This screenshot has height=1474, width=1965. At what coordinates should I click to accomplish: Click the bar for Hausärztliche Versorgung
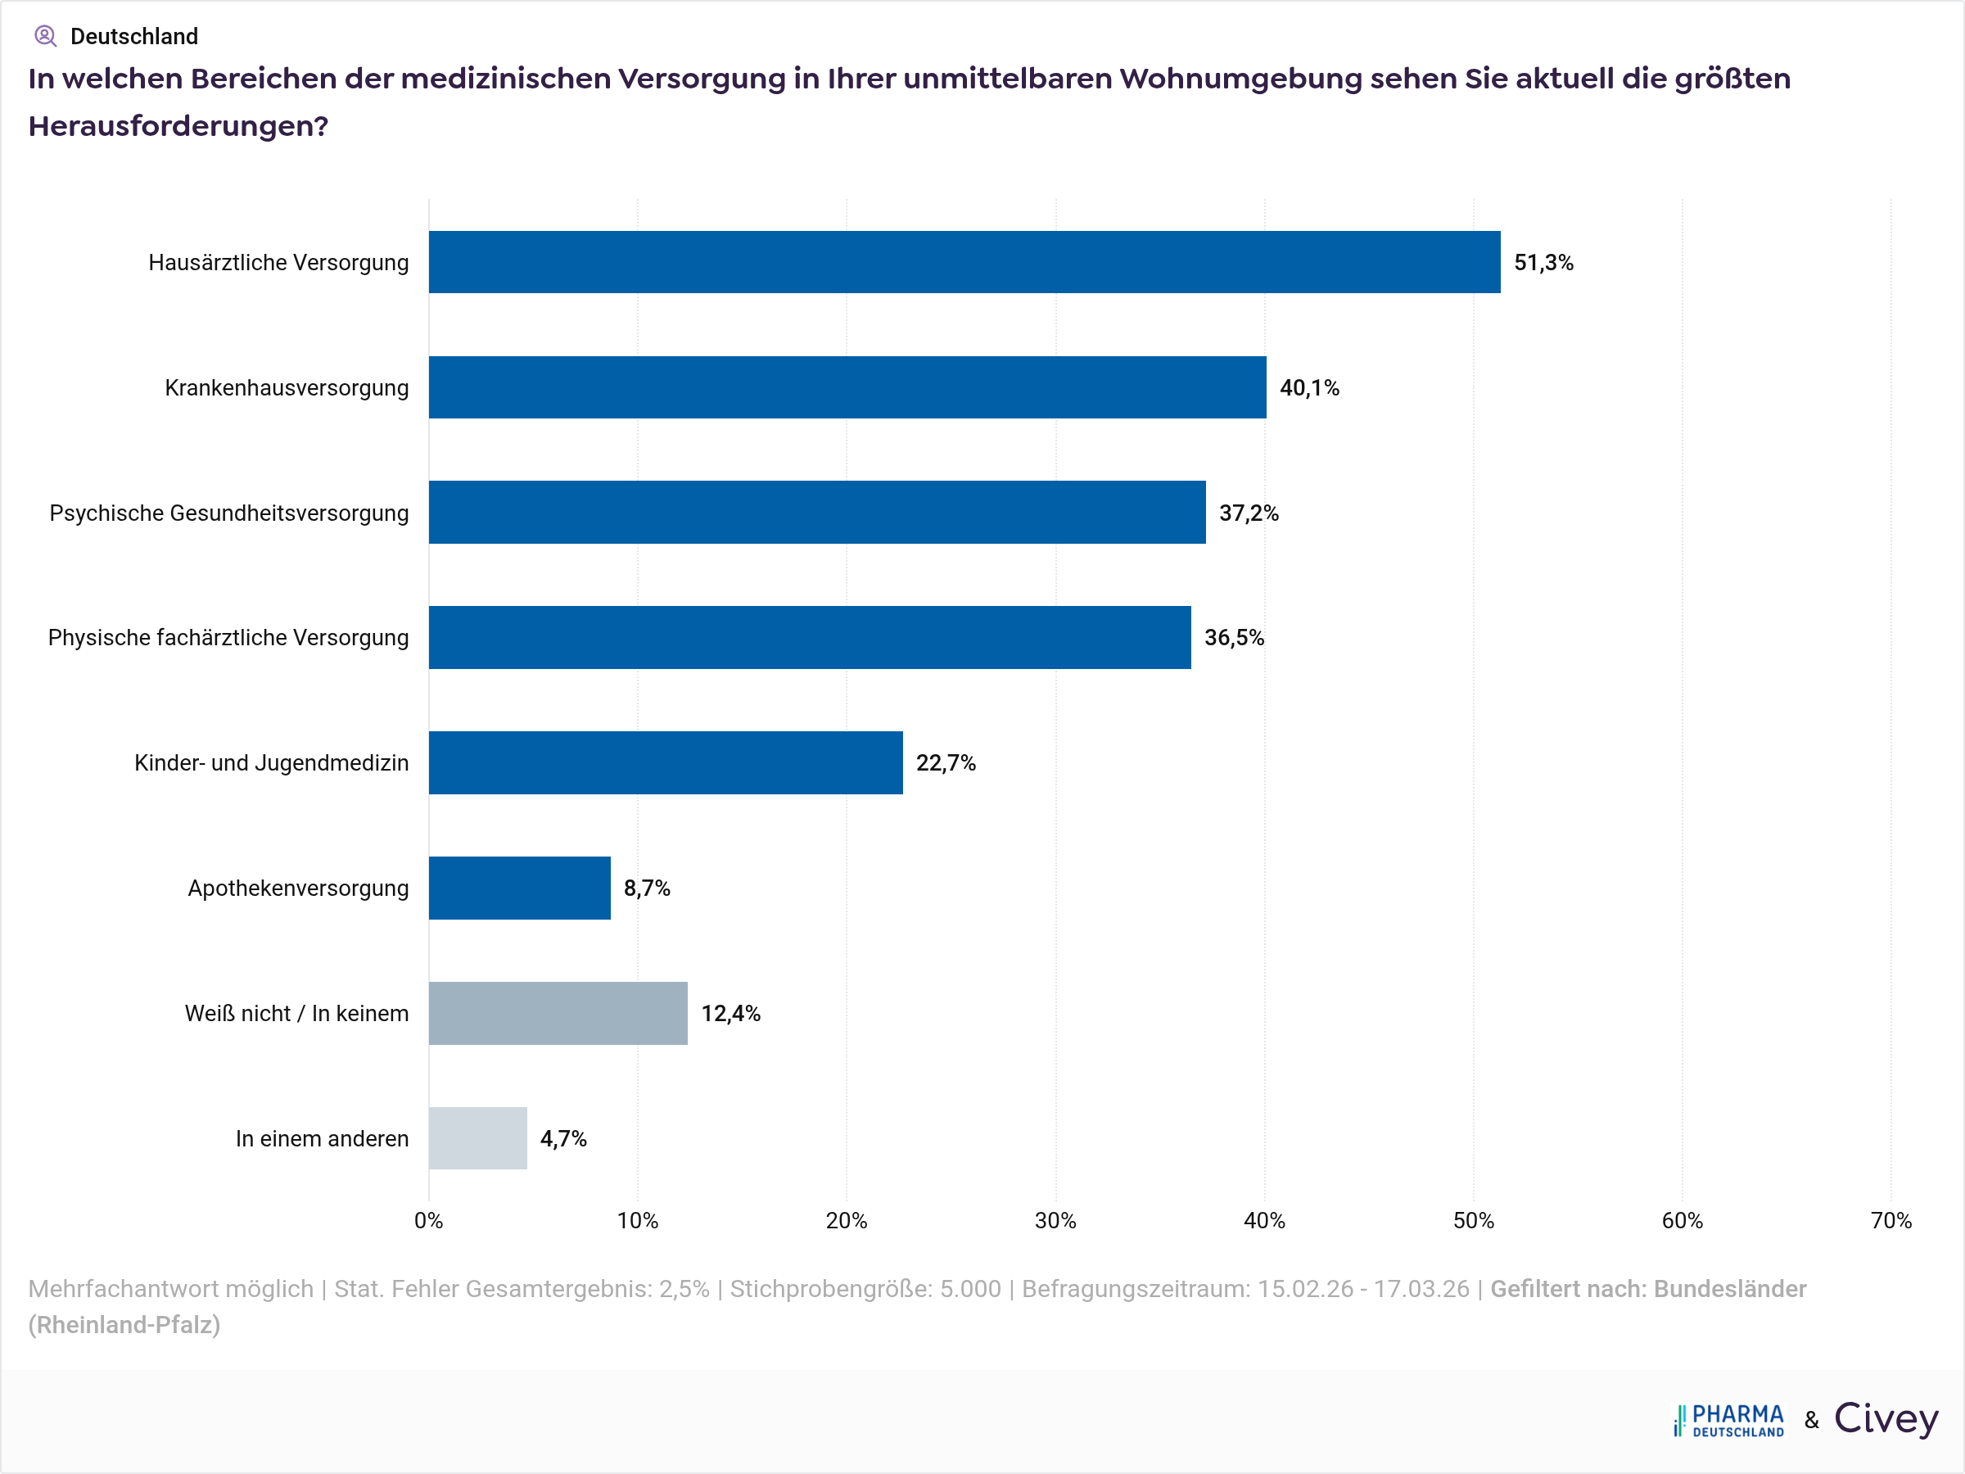[964, 262]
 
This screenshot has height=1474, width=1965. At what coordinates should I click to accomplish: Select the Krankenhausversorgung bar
[847, 387]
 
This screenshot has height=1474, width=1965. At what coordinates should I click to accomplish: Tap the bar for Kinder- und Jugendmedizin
[666, 762]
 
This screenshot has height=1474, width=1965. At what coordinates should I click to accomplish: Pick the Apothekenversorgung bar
[520, 888]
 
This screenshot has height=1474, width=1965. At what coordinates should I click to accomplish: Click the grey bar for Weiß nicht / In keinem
[558, 1013]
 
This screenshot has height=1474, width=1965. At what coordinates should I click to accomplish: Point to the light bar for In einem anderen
[478, 1138]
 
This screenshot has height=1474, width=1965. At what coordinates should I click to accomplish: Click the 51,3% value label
[1543, 263]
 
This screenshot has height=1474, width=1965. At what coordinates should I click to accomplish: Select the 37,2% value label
[1248, 513]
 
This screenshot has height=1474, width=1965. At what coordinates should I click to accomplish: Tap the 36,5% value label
[1234, 638]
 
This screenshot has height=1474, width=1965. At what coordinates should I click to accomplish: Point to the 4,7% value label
[563, 1139]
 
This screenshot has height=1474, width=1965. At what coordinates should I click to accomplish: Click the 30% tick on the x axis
[1055, 1221]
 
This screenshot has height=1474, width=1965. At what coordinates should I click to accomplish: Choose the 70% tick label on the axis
[1890, 1221]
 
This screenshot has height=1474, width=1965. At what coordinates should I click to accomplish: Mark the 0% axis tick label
[428, 1221]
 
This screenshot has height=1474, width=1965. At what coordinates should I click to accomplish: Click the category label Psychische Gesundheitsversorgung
[229, 513]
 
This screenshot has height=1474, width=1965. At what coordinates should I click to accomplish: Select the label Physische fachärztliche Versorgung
[228, 638]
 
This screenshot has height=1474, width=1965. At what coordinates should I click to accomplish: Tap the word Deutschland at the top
[134, 36]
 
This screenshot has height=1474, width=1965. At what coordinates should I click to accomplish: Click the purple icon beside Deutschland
[45, 36]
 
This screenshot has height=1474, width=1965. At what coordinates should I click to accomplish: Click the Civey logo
[1885, 1419]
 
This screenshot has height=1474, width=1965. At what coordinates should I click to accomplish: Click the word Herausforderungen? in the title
[178, 126]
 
